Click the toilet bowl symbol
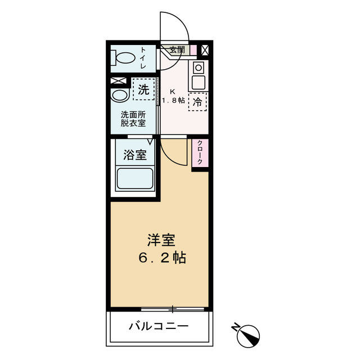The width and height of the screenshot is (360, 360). coord(124,58)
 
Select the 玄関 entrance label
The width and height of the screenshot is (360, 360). coord(177,50)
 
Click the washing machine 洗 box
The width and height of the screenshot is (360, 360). coord(143,89)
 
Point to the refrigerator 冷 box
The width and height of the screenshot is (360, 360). coord(198,102)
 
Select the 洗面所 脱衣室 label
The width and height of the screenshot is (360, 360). coord(133,119)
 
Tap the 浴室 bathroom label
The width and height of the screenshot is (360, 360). coord(136,154)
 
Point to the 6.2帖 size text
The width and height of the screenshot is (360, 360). coord(161,258)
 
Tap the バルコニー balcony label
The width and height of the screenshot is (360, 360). coord(158,326)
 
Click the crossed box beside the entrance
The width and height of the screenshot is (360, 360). coord(205,50)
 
